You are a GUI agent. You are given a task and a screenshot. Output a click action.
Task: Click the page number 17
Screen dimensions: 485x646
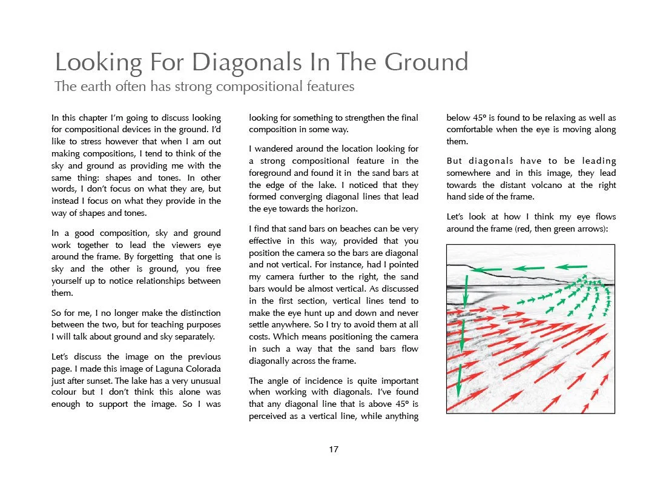click(333, 449)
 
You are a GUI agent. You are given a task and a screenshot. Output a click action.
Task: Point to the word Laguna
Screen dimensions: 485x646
click(154, 369)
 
